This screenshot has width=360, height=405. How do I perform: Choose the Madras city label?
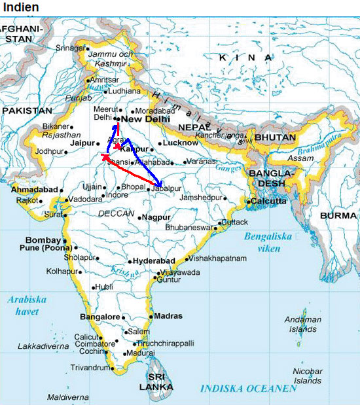point(168,316)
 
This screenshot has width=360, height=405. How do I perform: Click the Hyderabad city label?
point(154,260)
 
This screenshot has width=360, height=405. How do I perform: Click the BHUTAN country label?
point(276,137)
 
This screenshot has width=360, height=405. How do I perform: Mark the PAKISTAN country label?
point(26,111)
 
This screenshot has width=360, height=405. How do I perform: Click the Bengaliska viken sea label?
point(268,243)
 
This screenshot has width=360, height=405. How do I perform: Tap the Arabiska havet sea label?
point(27,306)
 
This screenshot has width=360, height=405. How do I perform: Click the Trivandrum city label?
point(89,368)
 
